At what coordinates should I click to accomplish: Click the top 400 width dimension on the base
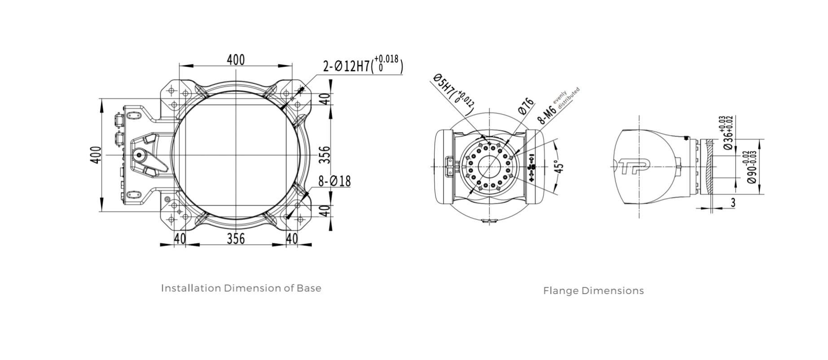pyautogui.click(x=235, y=59)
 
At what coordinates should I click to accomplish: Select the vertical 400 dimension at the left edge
pyautogui.click(x=96, y=155)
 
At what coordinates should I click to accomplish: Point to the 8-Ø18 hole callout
pyautogui.click(x=335, y=181)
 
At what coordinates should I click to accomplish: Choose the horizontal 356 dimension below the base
pyautogui.click(x=235, y=238)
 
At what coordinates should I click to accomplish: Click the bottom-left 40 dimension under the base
pyautogui.click(x=180, y=238)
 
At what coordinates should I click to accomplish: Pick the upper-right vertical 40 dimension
pyautogui.click(x=327, y=98)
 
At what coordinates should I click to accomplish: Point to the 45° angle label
pyautogui.click(x=559, y=167)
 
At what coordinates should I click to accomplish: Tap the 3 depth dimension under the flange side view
pyautogui.click(x=733, y=203)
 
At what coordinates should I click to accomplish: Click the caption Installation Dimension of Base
pyautogui.click(x=241, y=288)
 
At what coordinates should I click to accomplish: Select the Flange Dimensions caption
pyautogui.click(x=593, y=291)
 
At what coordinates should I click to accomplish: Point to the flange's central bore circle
pyautogui.click(x=489, y=167)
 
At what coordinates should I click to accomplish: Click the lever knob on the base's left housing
pyautogui.click(x=139, y=155)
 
